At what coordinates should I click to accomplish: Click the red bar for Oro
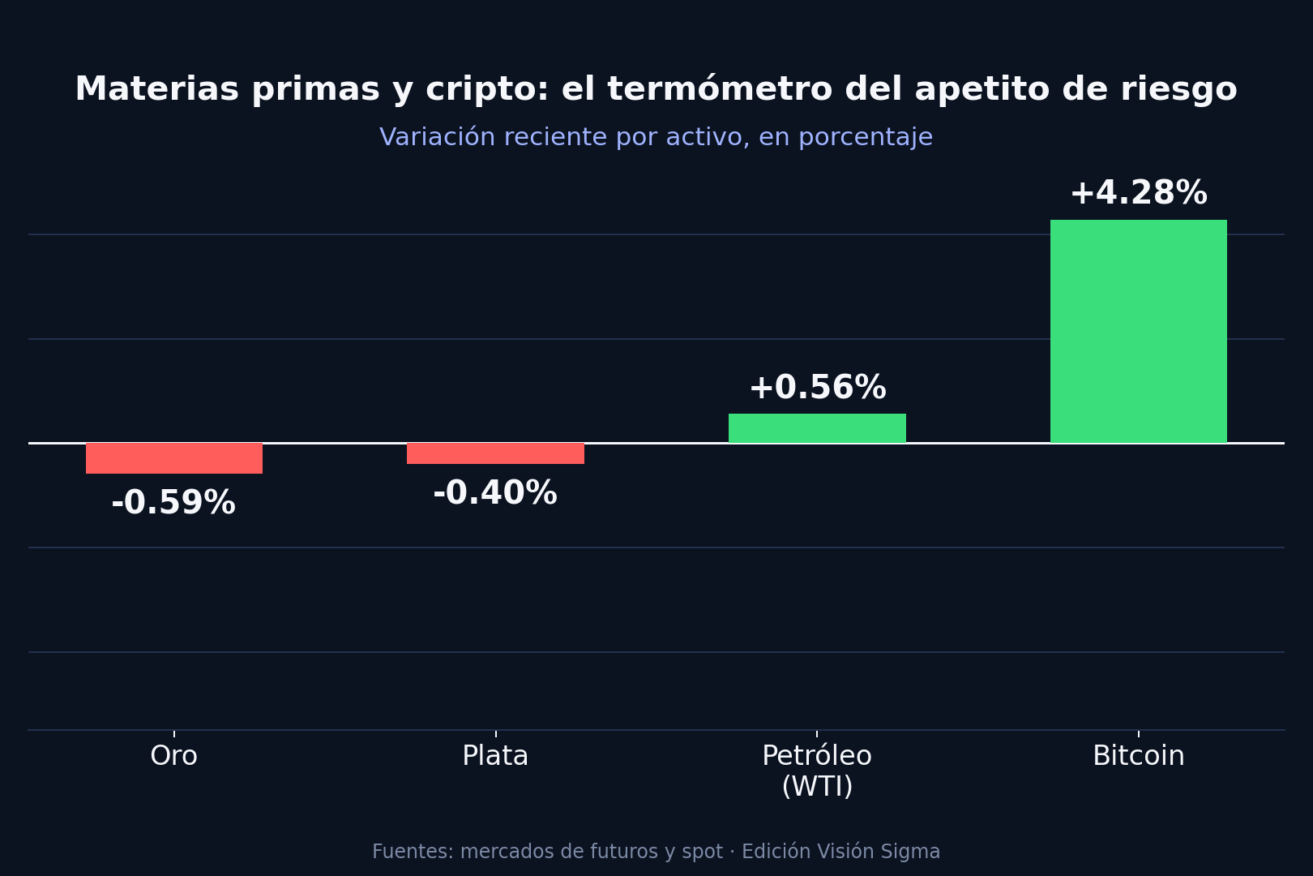pyautogui.click(x=174, y=458)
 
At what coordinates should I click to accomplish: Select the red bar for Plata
pyautogui.click(x=495, y=453)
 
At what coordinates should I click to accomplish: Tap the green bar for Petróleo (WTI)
pyautogui.click(x=817, y=428)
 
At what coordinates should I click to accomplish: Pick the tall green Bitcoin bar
pyautogui.click(x=1138, y=332)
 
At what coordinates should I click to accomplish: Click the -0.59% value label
pyautogui.click(x=173, y=503)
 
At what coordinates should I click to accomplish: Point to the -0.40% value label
pyautogui.click(x=495, y=493)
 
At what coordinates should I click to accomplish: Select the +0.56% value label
pyautogui.click(x=818, y=387)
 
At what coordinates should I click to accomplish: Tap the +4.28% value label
pyautogui.click(x=1139, y=193)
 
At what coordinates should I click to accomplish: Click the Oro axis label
pyautogui.click(x=173, y=756)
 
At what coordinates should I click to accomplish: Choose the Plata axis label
pyautogui.click(x=495, y=756)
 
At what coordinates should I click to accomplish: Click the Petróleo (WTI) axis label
pyautogui.click(x=817, y=771)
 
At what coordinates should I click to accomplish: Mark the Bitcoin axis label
pyautogui.click(x=1138, y=756)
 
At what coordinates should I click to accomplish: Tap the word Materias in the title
pyautogui.click(x=157, y=89)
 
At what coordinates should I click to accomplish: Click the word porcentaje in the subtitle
pyautogui.click(x=866, y=138)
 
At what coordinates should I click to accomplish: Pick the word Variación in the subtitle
pyautogui.click(x=438, y=137)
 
